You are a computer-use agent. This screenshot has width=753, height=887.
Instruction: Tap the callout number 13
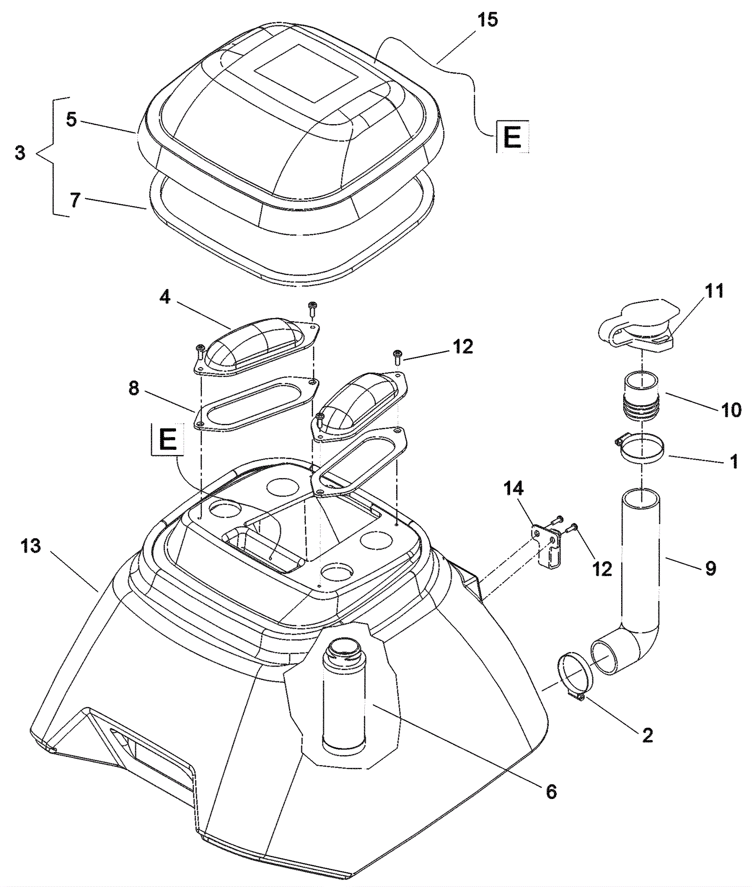tap(31, 546)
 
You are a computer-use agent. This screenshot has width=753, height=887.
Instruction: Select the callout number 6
tap(551, 791)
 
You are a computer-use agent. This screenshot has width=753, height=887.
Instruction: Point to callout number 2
tap(648, 735)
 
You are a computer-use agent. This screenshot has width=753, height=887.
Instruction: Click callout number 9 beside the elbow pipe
tap(710, 568)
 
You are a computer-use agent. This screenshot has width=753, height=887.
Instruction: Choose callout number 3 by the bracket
tap(19, 153)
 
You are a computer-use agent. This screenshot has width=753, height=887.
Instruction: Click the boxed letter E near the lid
tap(512, 137)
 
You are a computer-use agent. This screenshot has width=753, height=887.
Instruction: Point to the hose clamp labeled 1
tap(641, 449)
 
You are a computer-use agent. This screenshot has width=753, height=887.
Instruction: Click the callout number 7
tap(75, 201)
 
